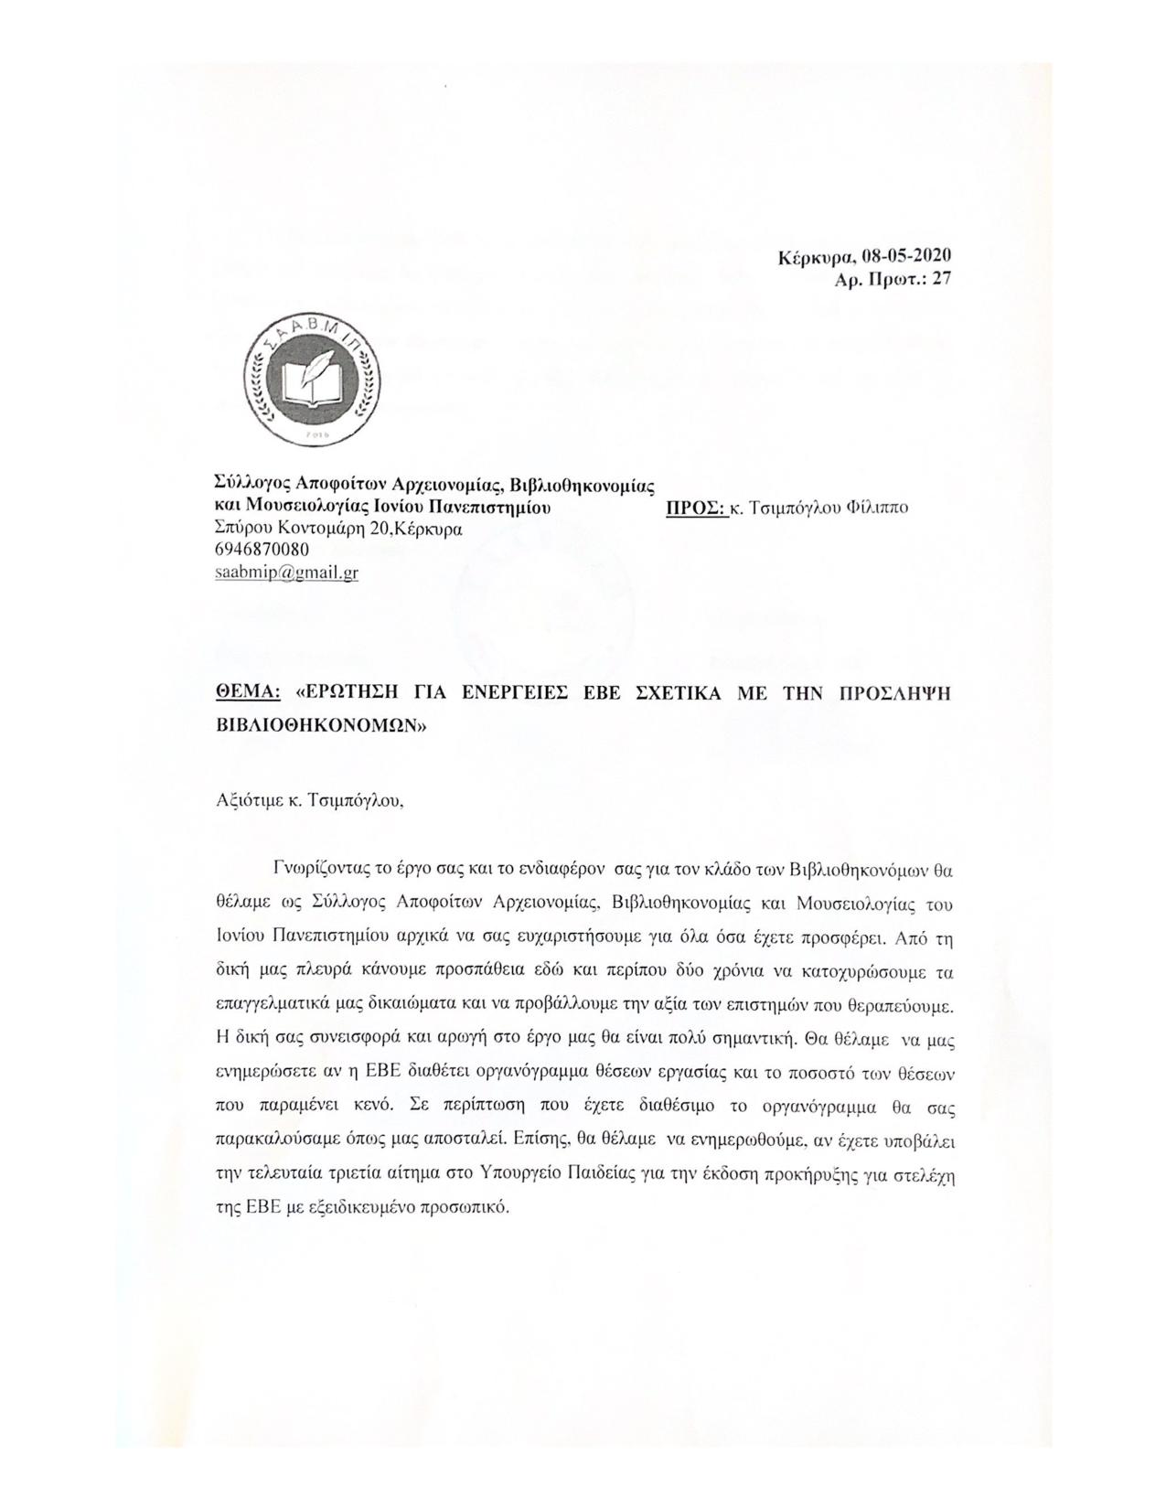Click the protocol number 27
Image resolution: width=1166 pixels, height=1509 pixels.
click(941, 280)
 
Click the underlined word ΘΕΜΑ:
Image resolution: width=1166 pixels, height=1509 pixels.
click(246, 693)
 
